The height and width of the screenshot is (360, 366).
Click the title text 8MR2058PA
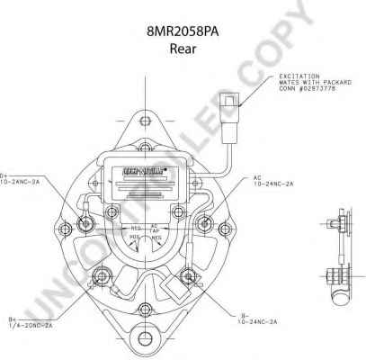[183, 30]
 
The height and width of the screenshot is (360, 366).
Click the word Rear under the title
[183, 48]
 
